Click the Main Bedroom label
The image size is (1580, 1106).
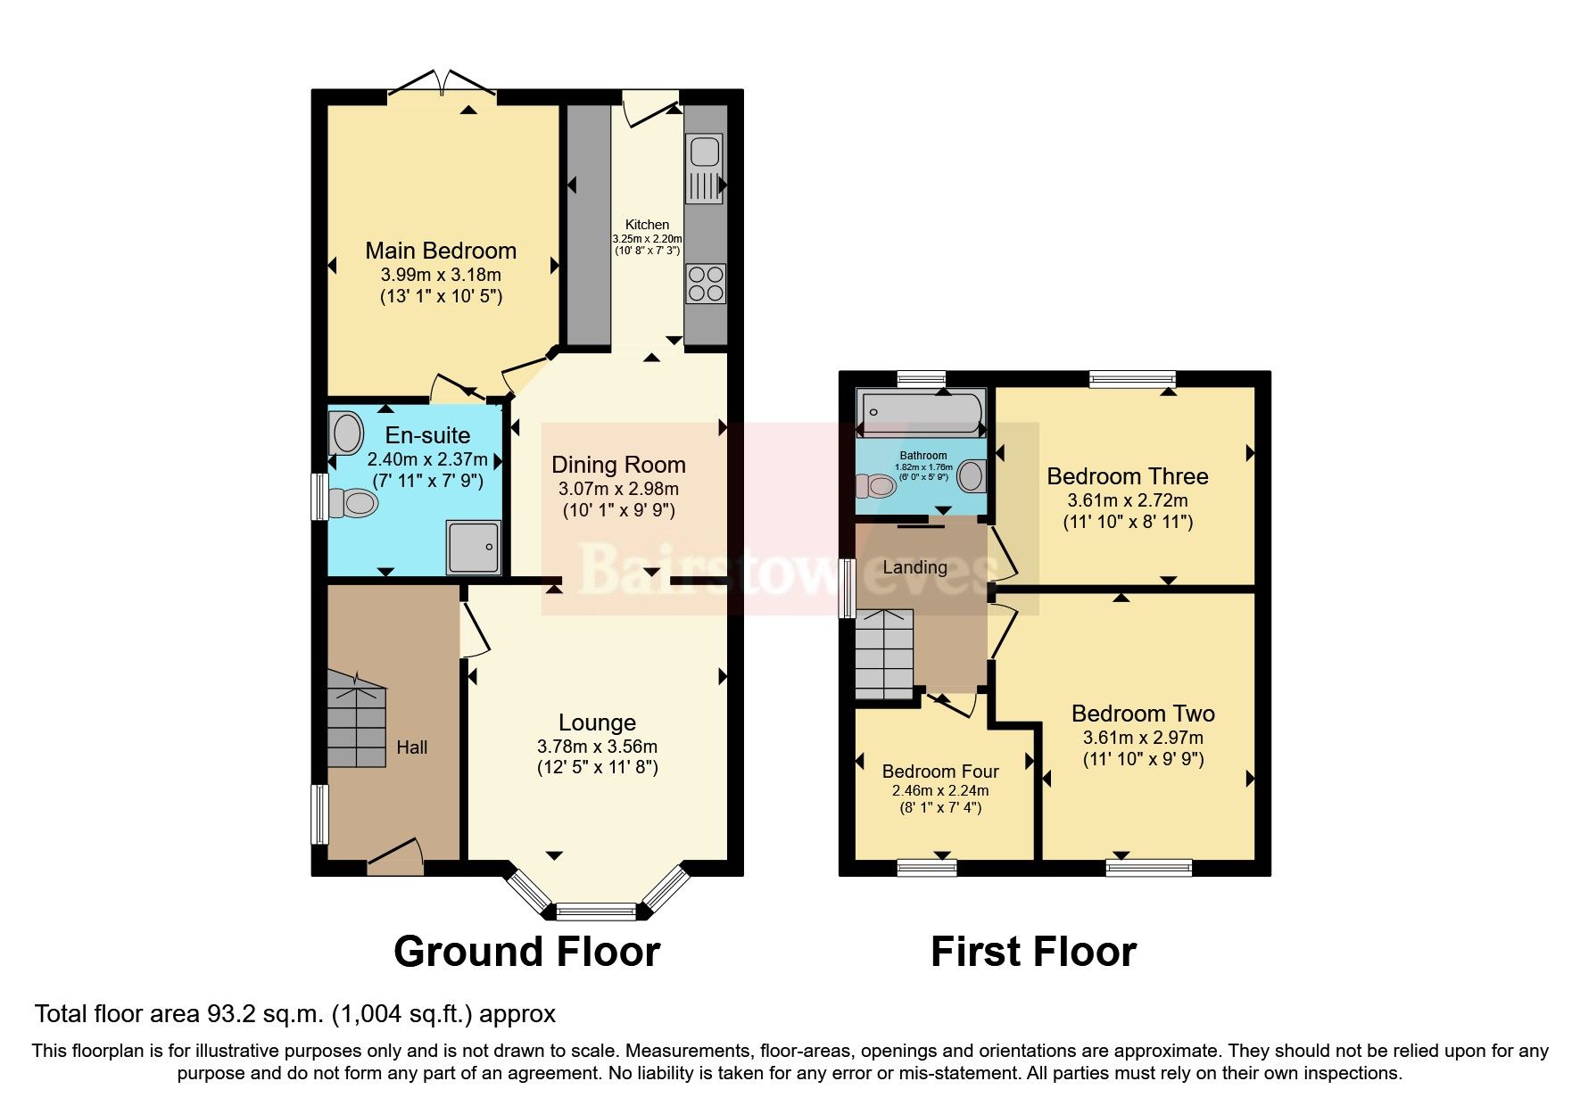tap(441, 251)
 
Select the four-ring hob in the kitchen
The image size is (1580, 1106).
tap(705, 284)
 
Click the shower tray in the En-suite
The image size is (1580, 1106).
tap(475, 546)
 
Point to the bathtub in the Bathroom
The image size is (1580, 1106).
tap(919, 412)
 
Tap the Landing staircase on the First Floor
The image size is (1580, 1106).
tap(884, 654)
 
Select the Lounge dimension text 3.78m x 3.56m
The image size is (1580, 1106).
tap(597, 747)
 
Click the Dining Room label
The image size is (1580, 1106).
tap(618, 465)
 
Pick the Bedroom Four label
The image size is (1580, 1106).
tap(940, 772)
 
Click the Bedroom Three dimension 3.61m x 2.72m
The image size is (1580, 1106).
tap(1128, 500)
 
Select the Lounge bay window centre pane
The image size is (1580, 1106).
tap(596, 911)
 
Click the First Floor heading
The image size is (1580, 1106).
tap(1033, 952)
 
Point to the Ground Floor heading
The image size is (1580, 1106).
tap(526, 952)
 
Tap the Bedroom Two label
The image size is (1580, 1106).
tap(1143, 714)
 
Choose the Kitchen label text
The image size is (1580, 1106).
tap(647, 225)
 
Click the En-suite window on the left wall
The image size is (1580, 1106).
tap(317, 496)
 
